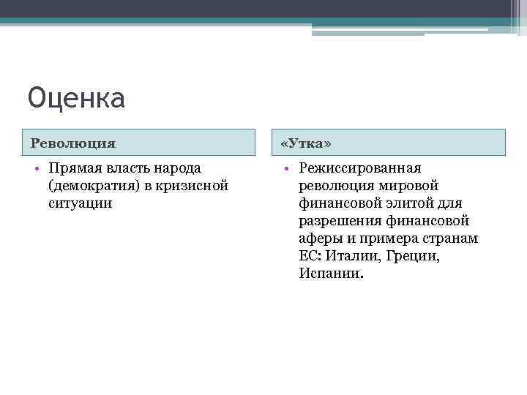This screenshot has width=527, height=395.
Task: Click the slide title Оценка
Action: tap(77, 98)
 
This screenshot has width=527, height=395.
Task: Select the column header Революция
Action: tap(73, 142)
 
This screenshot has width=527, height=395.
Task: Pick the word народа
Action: tap(178, 169)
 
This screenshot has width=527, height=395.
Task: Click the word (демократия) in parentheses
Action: tap(91, 186)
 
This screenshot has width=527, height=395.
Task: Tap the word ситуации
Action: tap(80, 203)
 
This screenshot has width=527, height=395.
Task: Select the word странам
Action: tap(452, 238)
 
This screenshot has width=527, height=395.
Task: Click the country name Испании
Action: tap(331, 274)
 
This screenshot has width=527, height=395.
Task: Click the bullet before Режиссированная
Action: tap(286, 169)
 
